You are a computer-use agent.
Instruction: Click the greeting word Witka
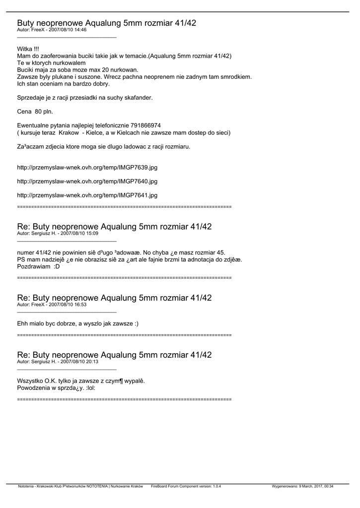[x=24, y=49]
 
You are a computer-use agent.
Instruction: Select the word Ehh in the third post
[x=23, y=323]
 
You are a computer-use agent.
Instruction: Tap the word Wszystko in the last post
[x=30, y=381]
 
